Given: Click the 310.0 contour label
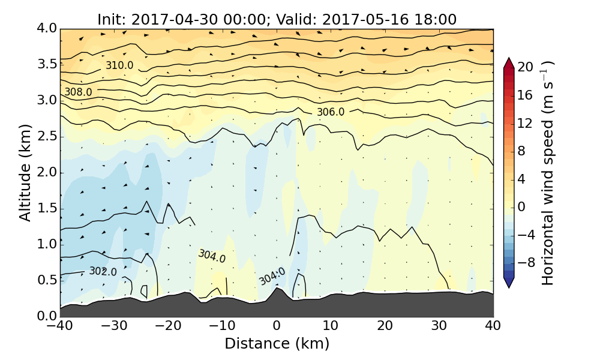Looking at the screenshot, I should click(x=119, y=65).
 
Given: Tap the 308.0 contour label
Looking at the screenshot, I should click(x=78, y=92).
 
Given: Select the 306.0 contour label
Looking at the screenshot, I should click(x=331, y=112).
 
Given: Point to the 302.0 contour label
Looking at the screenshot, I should click(x=103, y=272).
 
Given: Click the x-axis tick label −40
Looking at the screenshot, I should click(x=60, y=326).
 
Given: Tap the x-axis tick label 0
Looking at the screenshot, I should click(x=277, y=326).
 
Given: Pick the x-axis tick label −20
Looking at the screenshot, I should click(x=168, y=326).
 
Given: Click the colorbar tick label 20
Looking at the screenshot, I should click(x=526, y=67).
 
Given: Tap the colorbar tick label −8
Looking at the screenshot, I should click(x=526, y=262).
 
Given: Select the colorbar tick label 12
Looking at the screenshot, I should click(x=526, y=123).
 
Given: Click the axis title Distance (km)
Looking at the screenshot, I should click(x=277, y=344).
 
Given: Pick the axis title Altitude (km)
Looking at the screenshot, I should click(x=25, y=172).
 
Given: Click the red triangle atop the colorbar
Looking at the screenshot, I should click(x=508, y=62).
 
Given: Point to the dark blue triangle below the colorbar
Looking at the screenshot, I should click(x=508, y=283).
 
